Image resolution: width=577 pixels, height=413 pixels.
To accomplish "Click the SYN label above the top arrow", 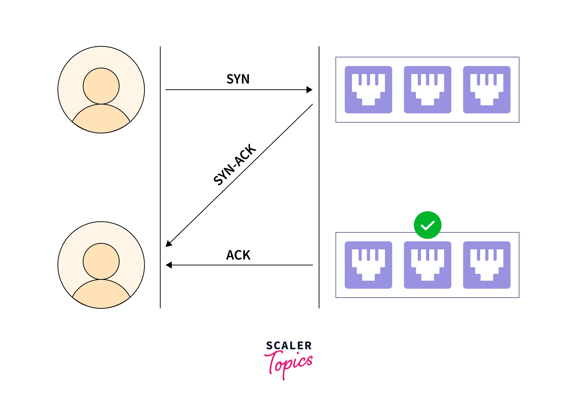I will [x=238, y=79].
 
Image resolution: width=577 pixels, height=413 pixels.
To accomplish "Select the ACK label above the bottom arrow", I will [x=238, y=255].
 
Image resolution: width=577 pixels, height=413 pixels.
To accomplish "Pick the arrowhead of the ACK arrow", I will [x=169, y=265].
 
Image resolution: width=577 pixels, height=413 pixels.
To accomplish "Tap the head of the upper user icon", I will [x=101, y=86].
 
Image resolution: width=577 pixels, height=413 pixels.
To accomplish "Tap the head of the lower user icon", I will [x=101, y=261].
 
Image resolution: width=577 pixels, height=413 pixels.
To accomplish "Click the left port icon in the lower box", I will [x=368, y=265].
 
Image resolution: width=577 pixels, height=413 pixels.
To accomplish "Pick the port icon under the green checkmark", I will [x=428, y=265].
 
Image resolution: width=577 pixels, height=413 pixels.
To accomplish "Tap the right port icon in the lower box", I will [x=487, y=265].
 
